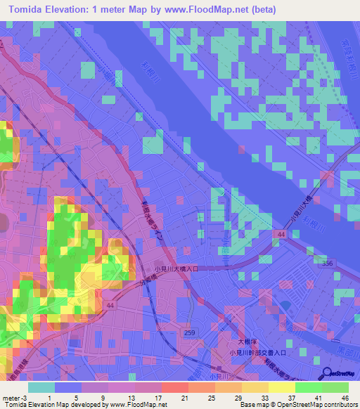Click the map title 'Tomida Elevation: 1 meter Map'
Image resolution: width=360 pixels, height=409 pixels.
click(91, 10)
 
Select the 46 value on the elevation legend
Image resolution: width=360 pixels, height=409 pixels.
click(345, 397)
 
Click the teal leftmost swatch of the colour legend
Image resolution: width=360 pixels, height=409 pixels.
click(41, 387)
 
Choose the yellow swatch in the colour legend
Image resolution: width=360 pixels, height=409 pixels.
click(282, 387)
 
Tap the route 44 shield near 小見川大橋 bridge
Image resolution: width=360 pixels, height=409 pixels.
click(281, 233)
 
